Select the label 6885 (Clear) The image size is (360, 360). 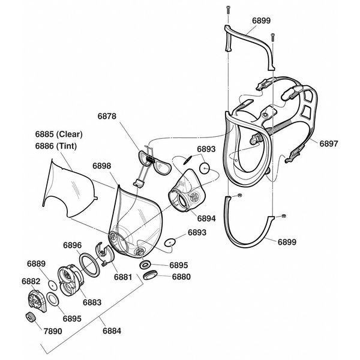pos(59,134)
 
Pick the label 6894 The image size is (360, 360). pos(205,218)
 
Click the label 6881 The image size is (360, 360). pos(123,277)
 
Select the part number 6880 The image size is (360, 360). pos(182,277)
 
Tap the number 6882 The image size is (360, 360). pos(32,281)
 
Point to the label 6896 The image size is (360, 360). pos(73,245)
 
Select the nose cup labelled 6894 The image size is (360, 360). pos(185,192)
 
